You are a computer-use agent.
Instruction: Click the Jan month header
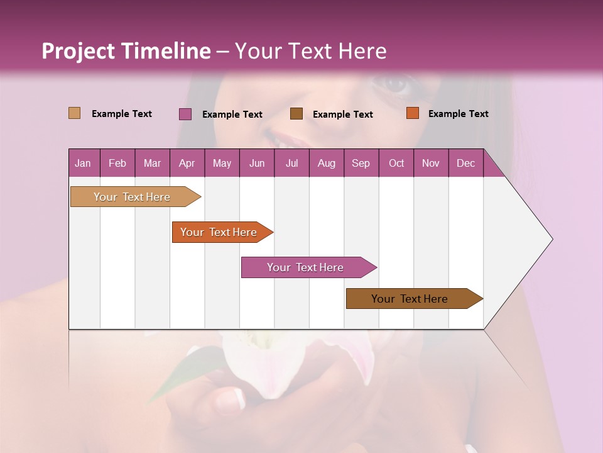83,164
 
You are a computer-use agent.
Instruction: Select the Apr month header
187,164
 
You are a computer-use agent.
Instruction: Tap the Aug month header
326,164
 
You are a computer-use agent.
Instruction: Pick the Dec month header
465,164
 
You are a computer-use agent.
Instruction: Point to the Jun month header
256,164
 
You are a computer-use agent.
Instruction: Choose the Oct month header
396,164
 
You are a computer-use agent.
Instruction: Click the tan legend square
74,113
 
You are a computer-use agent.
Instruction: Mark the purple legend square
185,114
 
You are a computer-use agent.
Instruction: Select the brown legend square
296,114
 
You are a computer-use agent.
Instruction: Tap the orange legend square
412,113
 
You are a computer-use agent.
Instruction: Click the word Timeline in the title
166,51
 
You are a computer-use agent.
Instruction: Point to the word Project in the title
79,51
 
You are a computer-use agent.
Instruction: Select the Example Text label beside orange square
458,114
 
